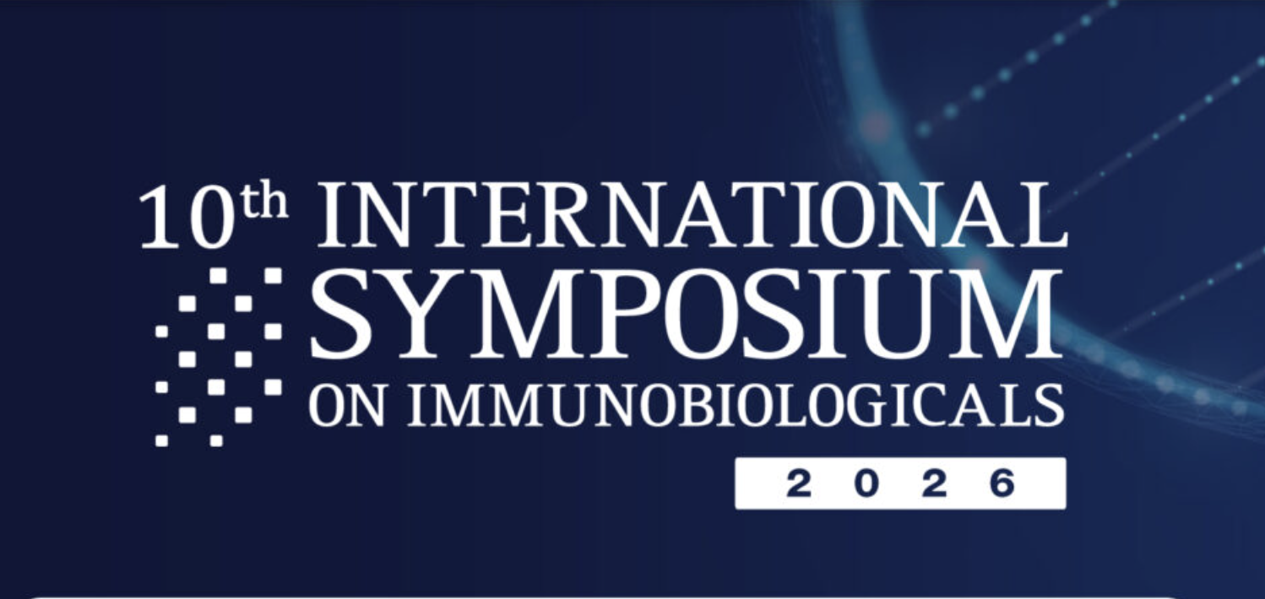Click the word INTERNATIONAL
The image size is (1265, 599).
coord(692,215)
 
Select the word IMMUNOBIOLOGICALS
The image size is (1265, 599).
coord(736,405)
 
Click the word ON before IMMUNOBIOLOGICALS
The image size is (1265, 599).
coord(346,405)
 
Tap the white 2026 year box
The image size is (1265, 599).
coord(900,483)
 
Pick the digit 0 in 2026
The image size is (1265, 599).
coord(866,484)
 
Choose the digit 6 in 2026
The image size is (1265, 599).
coord(1002,484)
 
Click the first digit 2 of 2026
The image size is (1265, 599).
coord(799,484)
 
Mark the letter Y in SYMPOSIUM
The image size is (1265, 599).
coord(409,315)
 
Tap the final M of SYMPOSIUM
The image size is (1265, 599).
coord(1003,315)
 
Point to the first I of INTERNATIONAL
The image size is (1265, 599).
coord(334,216)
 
